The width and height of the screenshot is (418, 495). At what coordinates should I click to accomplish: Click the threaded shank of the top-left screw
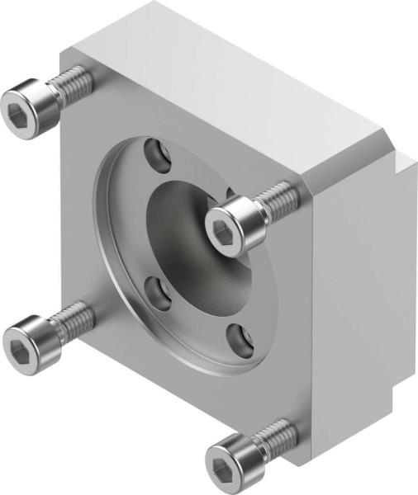pyautogui.click(x=73, y=82)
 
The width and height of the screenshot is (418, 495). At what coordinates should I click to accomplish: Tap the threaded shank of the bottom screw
pyautogui.click(x=276, y=432)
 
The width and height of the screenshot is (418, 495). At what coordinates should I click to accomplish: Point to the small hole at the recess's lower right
pyautogui.click(x=239, y=336)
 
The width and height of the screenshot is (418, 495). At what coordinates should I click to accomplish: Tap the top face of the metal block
pyautogui.click(x=231, y=74)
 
